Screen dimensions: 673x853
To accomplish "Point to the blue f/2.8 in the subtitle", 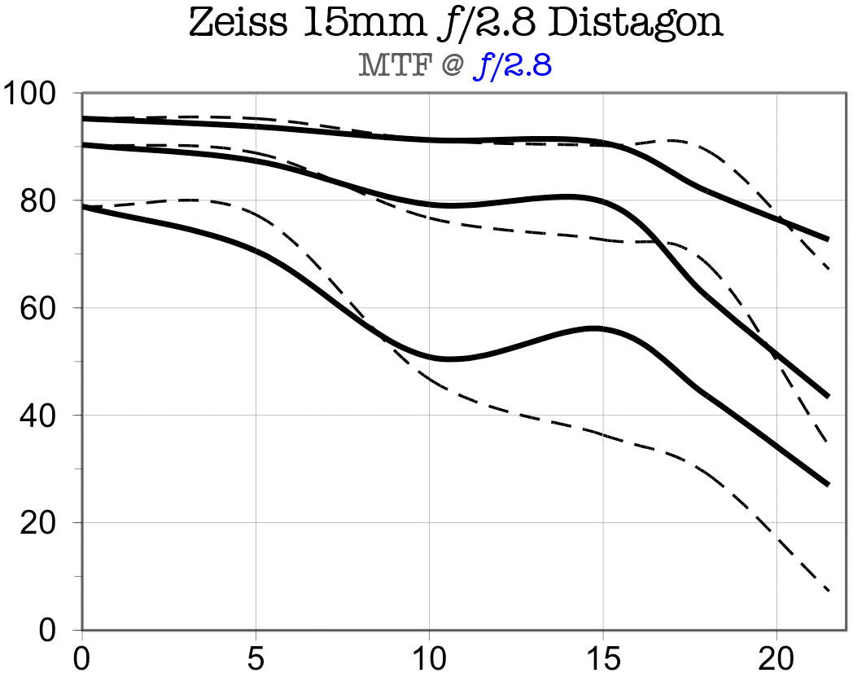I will (x=513, y=65).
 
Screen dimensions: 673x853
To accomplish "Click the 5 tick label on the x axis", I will (x=256, y=657).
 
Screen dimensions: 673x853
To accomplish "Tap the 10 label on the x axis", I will (x=430, y=657).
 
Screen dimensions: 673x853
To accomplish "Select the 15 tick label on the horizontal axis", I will (x=603, y=657).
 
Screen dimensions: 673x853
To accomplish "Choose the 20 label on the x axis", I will (x=776, y=657).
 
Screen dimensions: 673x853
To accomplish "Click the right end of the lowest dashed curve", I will (x=828, y=590).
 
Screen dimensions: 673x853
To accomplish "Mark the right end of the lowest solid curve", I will (x=828, y=485).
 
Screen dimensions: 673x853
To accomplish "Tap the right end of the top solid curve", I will (x=828, y=240).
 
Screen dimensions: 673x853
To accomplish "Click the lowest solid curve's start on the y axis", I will (x=83, y=207).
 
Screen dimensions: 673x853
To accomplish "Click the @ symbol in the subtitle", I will (x=450, y=65).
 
